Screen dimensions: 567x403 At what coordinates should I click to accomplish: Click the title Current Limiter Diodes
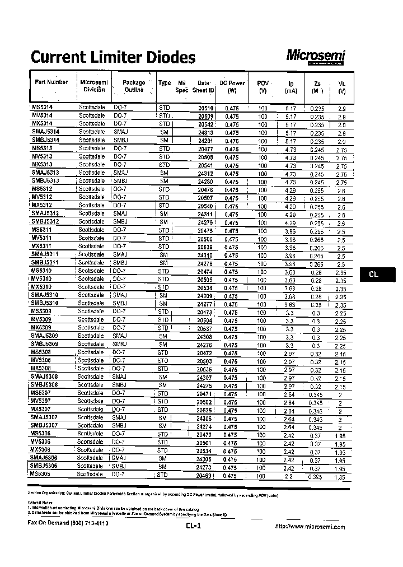(113, 57)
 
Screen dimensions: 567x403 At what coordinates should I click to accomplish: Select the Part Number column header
(51, 82)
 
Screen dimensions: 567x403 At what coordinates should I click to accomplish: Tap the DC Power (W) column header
(232, 86)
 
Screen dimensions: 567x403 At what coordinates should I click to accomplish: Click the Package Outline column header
(134, 86)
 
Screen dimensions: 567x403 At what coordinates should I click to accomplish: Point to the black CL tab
(374, 275)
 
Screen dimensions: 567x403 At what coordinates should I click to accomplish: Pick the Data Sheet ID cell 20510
(206, 108)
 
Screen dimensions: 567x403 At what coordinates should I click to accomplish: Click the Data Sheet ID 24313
(205, 132)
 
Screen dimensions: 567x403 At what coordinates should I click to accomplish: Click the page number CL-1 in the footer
(193, 526)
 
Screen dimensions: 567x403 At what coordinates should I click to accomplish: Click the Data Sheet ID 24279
(205, 222)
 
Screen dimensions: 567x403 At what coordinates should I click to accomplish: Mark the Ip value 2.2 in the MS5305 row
(288, 476)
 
